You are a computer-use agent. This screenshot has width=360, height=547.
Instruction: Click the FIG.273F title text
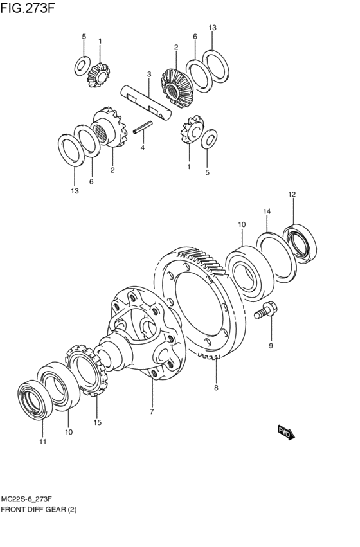[28, 8]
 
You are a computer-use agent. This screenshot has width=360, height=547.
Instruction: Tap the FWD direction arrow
[287, 433]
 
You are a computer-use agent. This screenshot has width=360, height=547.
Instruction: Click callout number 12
[292, 195]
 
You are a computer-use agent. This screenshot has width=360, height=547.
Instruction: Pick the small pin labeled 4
[143, 127]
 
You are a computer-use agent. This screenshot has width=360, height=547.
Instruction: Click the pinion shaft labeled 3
[147, 103]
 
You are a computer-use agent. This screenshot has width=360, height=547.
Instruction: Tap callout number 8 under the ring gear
[216, 387]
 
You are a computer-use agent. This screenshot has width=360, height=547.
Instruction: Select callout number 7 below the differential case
[152, 411]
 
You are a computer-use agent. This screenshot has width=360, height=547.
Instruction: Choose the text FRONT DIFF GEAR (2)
[39, 510]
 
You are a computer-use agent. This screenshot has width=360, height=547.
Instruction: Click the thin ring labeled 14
[276, 256]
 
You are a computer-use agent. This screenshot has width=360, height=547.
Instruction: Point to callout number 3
[149, 75]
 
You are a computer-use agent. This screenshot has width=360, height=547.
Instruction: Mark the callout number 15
[97, 422]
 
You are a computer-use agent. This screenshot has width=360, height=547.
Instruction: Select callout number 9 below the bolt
[271, 346]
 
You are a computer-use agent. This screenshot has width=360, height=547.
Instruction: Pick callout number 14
[267, 211]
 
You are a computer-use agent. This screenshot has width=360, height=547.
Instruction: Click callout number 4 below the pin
[142, 148]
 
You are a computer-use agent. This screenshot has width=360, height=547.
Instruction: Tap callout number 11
[42, 442]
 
